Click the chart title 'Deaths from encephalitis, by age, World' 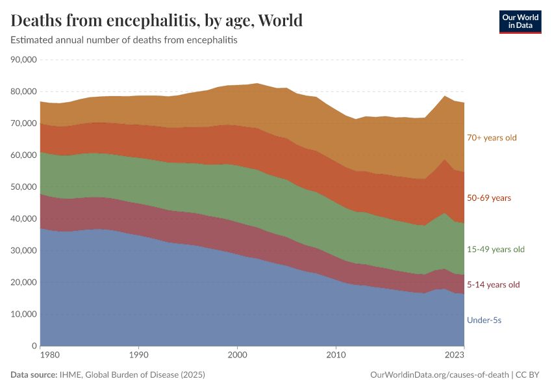point(157,21)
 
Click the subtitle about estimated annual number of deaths point(124,40)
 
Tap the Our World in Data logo point(520,21)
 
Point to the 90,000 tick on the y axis point(23,60)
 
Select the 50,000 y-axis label point(23,187)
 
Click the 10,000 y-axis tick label point(23,315)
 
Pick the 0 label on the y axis point(32,346)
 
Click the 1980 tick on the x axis point(41,356)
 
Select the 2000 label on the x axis point(238,356)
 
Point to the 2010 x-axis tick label point(336,356)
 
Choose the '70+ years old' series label point(492,138)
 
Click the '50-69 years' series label point(488,198)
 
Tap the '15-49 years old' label point(496,250)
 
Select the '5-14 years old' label point(494,285)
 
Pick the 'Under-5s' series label point(484,320)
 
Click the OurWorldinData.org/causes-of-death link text point(438,375)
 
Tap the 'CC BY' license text point(529,375)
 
